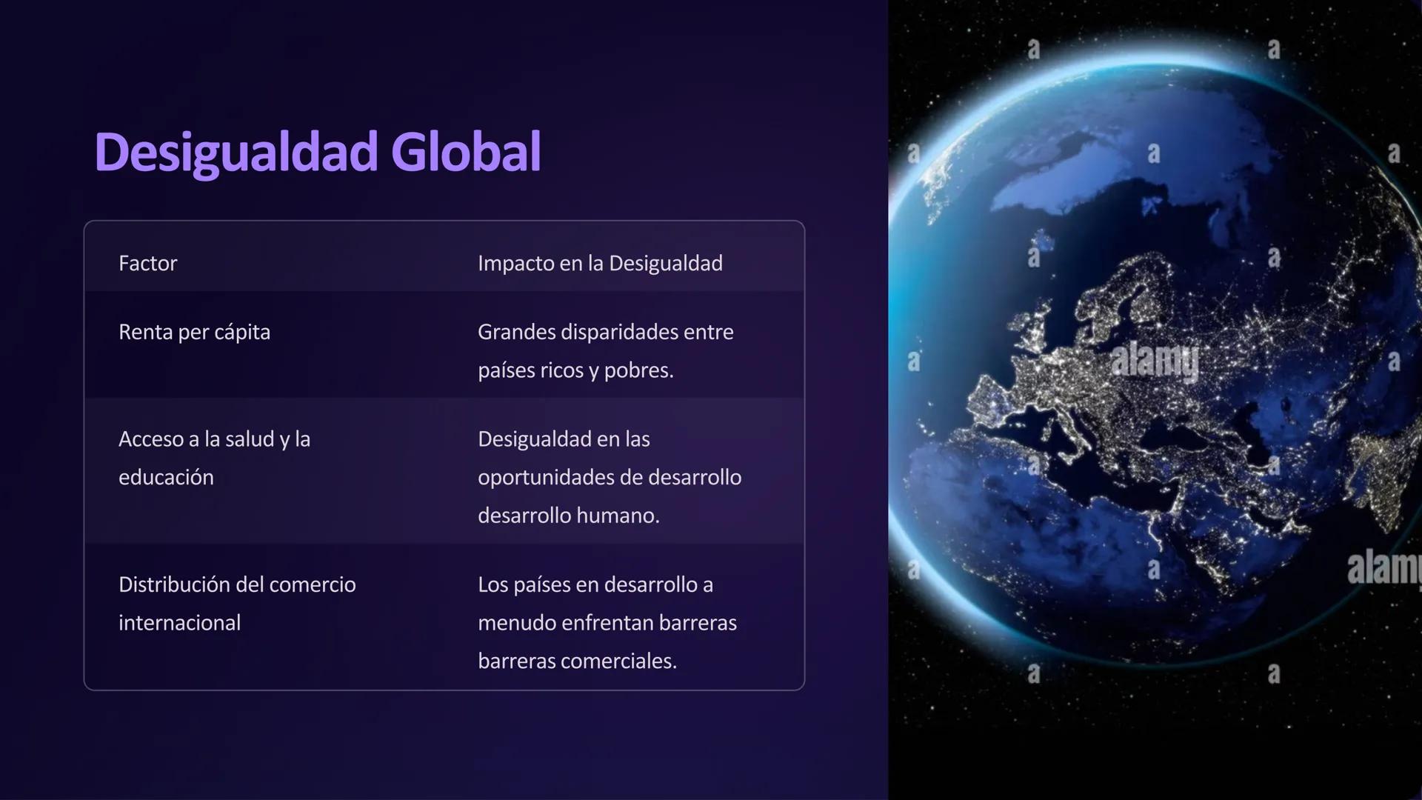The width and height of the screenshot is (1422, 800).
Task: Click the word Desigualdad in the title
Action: (x=236, y=153)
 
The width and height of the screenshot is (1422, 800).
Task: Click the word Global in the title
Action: (x=466, y=153)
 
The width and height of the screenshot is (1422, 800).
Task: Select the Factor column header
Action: (x=147, y=263)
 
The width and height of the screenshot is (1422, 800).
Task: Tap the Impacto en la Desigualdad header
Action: (x=600, y=263)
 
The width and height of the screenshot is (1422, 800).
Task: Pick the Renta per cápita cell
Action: (x=194, y=332)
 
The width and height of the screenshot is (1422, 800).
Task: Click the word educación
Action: (x=166, y=477)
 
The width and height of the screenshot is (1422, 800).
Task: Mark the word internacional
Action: (x=179, y=623)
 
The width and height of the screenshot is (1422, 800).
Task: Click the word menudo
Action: (x=516, y=623)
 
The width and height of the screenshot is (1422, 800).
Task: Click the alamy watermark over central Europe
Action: (x=1155, y=361)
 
